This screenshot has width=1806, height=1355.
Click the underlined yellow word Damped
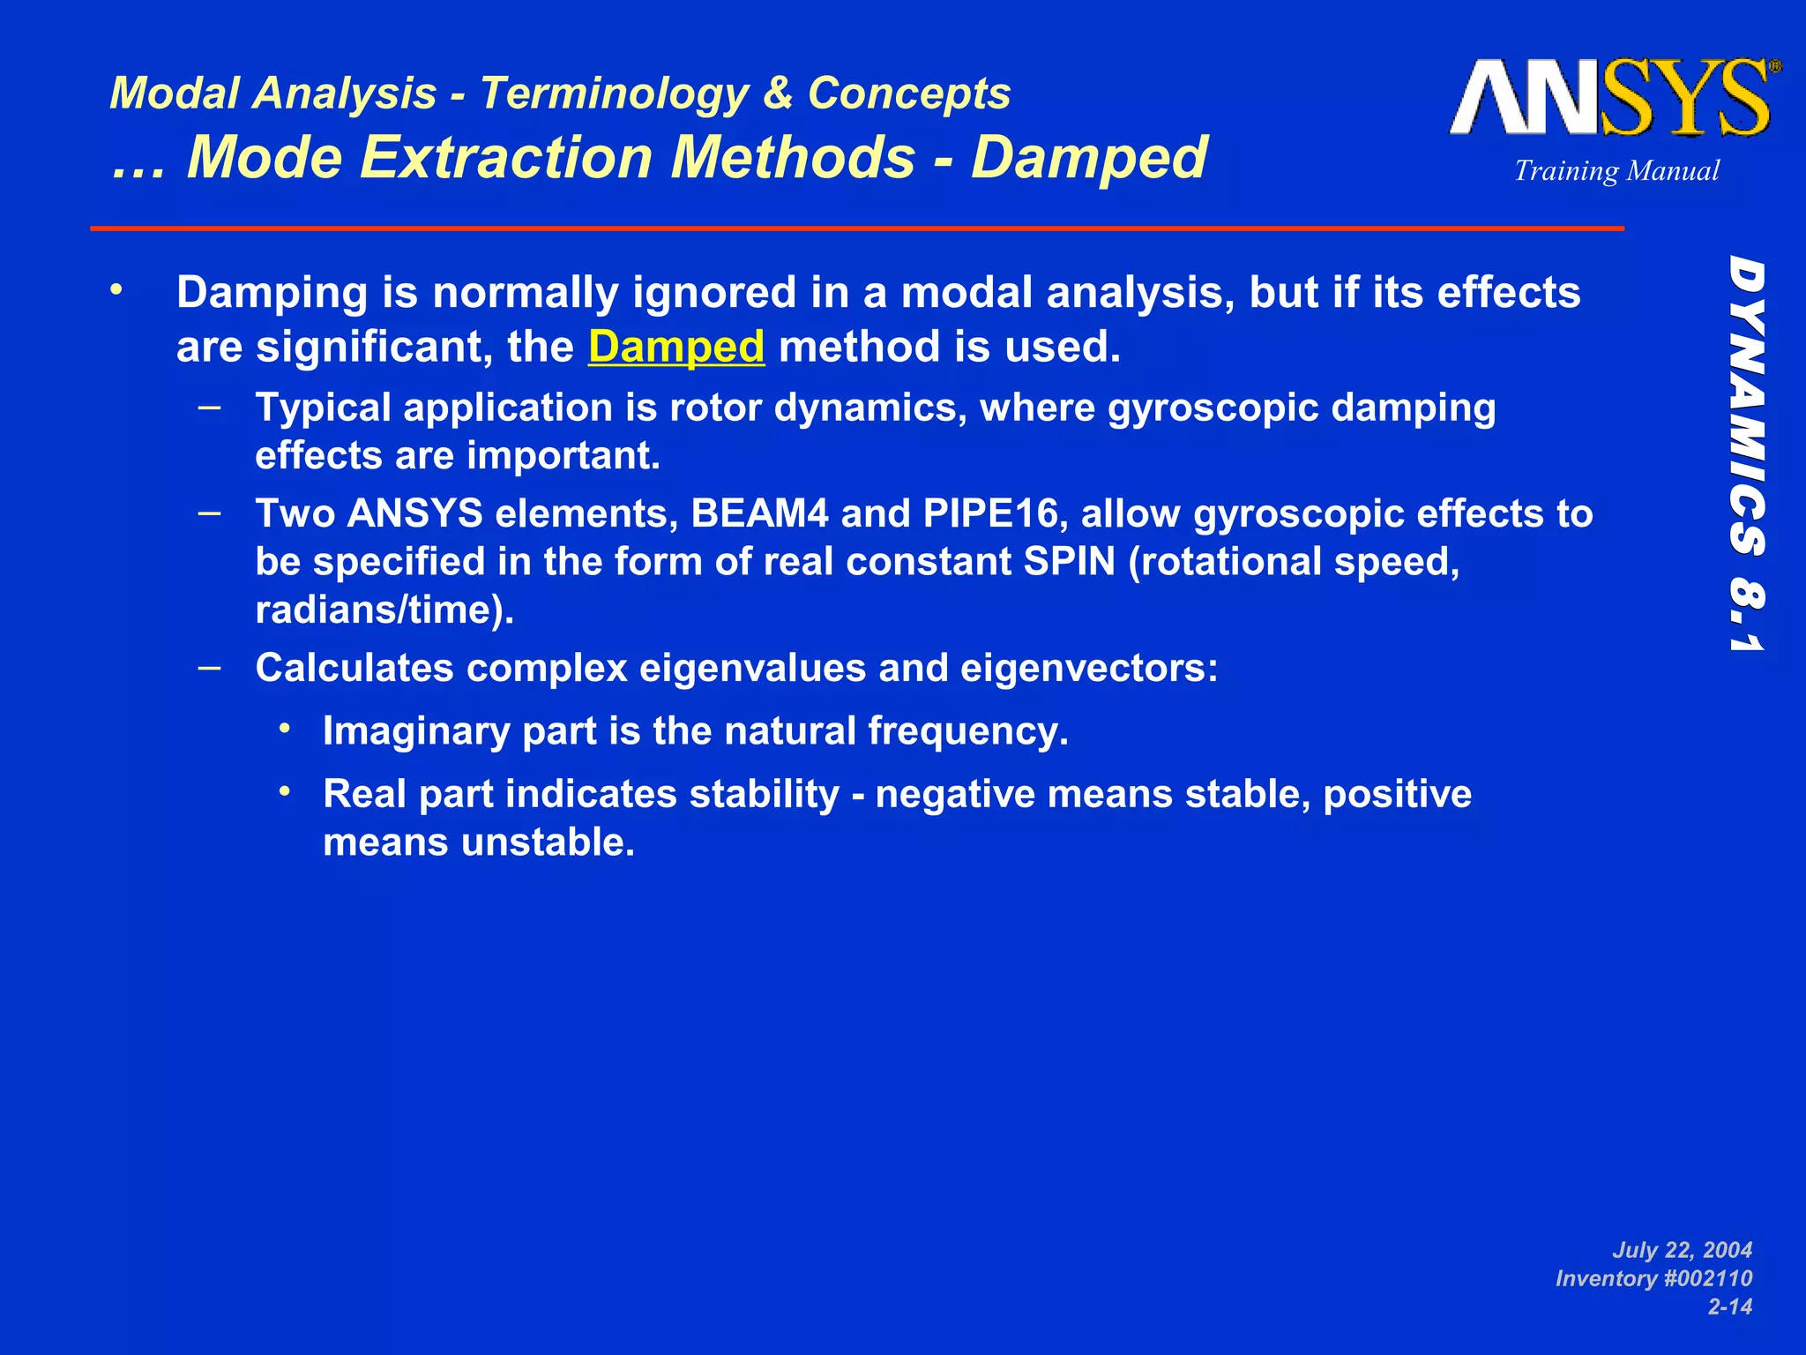point(675,347)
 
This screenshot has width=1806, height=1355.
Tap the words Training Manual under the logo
point(1616,170)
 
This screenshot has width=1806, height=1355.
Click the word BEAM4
point(759,513)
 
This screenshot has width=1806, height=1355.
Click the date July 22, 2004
point(1682,1250)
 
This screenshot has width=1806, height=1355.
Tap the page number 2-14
point(1729,1306)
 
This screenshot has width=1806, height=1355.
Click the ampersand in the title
point(777,94)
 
